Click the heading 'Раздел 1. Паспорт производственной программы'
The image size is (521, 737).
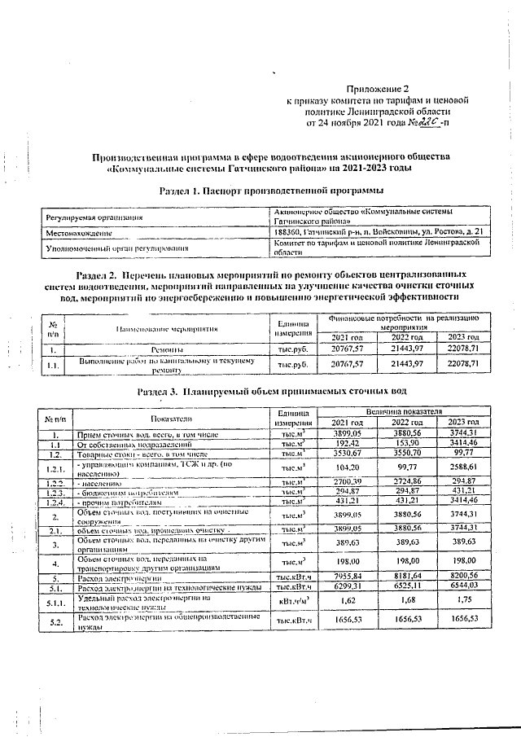(x=271, y=191)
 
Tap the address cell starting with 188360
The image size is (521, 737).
(x=380, y=233)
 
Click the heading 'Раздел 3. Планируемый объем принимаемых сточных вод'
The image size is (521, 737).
(x=271, y=392)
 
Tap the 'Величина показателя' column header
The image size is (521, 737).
(x=404, y=413)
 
